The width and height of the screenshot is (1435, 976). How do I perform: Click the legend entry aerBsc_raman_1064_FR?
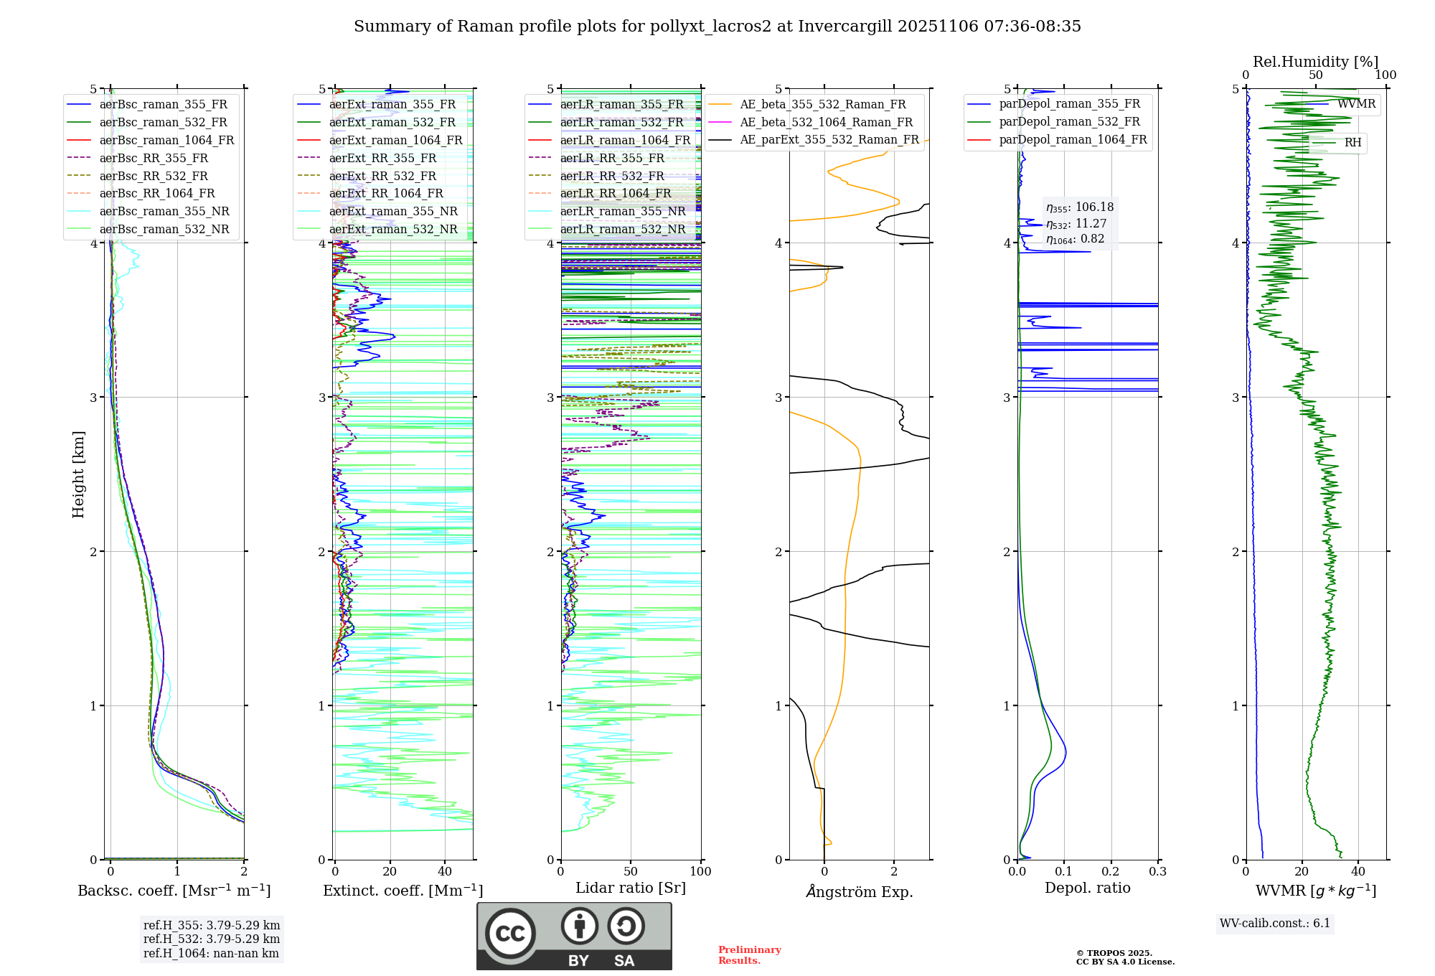[166, 140]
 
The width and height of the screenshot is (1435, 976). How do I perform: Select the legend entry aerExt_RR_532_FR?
[382, 176]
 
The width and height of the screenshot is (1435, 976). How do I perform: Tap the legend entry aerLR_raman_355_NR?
[622, 211]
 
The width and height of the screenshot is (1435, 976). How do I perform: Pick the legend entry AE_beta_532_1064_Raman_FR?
[826, 122]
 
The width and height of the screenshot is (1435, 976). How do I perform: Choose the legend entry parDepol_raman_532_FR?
[1069, 122]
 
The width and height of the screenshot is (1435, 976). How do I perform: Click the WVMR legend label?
[1356, 104]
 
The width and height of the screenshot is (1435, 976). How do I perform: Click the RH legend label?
[1352, 143]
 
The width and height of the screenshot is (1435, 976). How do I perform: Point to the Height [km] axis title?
[78, 474]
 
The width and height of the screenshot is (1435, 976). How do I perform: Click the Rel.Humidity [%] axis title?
[1315, 62]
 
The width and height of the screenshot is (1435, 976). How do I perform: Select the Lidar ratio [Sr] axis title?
[631, 888]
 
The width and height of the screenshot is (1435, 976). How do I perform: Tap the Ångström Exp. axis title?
[859, 891]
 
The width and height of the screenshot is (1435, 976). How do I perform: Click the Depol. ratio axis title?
[1087, 888]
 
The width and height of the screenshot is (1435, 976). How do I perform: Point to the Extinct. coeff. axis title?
[403, 891]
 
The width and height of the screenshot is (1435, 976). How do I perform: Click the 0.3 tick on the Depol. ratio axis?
[1157, 872]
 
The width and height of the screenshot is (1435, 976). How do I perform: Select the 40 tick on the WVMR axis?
[1358, 872]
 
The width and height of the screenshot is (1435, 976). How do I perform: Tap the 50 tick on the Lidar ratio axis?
[631, 872]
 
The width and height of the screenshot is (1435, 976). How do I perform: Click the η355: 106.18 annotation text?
[1080, 207]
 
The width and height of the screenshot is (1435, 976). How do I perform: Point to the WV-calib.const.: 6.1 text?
[1275, 924]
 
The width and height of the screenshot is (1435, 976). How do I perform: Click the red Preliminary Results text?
[749, 955]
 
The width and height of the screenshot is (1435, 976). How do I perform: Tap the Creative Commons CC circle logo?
[510, 934]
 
